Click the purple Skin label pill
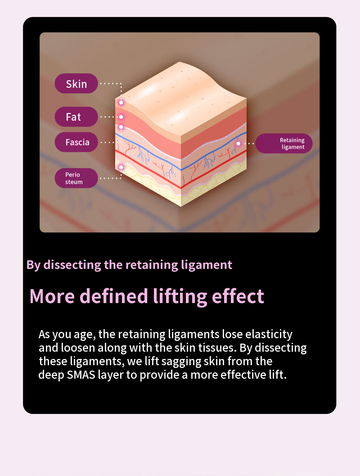tap(76, 83)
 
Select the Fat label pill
tap(76, 117)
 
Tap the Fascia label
tap(76, 142)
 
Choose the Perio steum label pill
tap(76, 178)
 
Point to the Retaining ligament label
tap(284, 143)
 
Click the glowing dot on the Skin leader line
tap(121, 102)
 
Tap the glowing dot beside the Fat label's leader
tap(121, 117)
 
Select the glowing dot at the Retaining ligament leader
tap(238, 143)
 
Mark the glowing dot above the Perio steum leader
tap(121, 167)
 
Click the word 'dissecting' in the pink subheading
tap(72, 265)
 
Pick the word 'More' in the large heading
tap(52, 296)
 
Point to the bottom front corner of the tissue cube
tap(181, 206)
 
